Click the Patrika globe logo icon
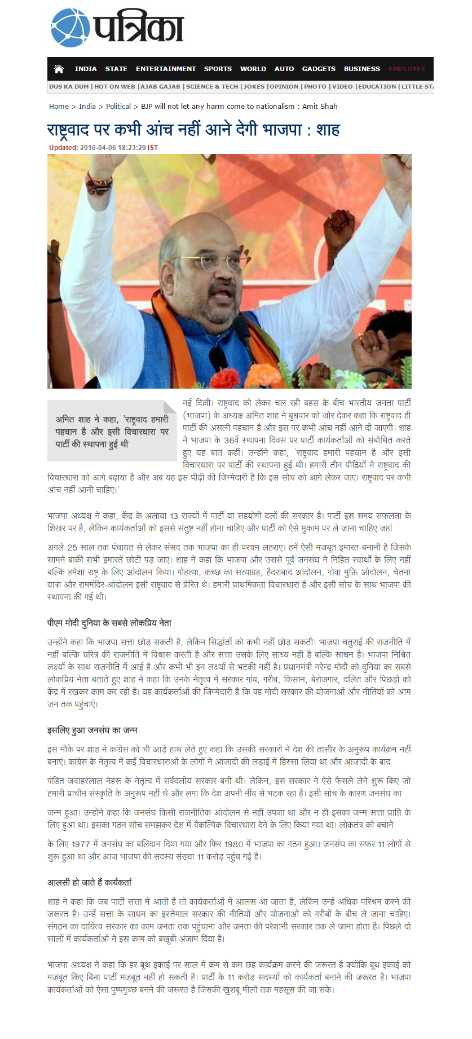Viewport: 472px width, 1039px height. (70, 28)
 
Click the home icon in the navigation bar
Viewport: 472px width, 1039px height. (59, 69)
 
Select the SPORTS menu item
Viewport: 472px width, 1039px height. (218, 69)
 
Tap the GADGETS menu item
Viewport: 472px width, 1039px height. (319, 69)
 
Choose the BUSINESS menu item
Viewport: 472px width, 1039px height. (361, 69)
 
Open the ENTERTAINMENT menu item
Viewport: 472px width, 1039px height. (166, 69)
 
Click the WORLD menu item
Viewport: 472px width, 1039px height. (253, 69)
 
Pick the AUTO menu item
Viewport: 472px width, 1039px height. (284, 69)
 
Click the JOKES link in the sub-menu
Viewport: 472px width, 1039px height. (254, 87)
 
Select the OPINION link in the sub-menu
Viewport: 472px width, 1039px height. (284, 87)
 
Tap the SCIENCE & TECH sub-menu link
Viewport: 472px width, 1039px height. (212, 87)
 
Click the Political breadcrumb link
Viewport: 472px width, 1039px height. (118, 106)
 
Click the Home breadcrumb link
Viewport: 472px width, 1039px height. (59, 106)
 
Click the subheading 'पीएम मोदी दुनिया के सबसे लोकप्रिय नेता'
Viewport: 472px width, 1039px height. (109, 623)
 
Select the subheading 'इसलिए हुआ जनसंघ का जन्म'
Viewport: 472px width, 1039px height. (92, 730)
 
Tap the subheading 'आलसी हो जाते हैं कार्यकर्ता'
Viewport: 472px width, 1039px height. (90, 882)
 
